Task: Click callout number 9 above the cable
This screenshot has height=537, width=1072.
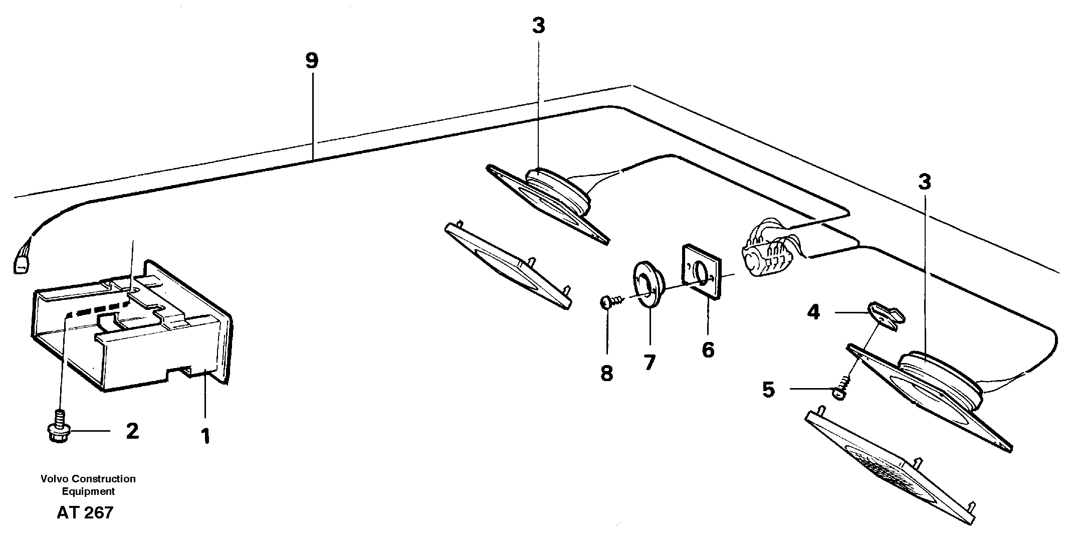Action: (x=312, y=61)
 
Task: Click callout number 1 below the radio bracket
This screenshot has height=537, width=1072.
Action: (x=205, y=436)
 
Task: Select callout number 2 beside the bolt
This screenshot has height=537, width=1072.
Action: (x=132, y=431)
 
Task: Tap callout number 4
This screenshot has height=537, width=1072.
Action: (x=813, y=313)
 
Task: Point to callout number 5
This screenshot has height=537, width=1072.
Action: (x=769, y=390)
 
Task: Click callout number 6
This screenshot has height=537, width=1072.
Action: (x=708, y=349)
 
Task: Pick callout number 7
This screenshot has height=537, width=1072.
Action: (x=650, y=362)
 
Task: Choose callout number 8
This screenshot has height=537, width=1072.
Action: (x=607, y=373)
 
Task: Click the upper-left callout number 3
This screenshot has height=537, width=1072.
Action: (x=538, y=26)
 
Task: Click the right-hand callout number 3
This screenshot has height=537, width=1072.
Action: (x=925, y=182)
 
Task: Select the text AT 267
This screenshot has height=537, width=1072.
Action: (x=85, y=512)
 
